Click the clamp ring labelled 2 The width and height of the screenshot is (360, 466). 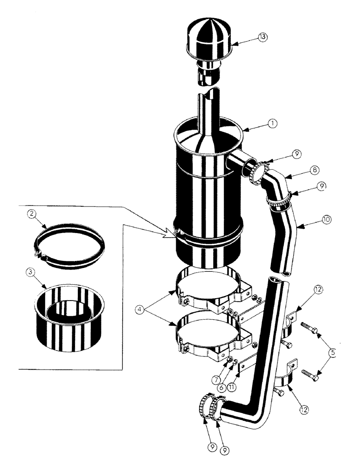(x=70, y=245)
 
